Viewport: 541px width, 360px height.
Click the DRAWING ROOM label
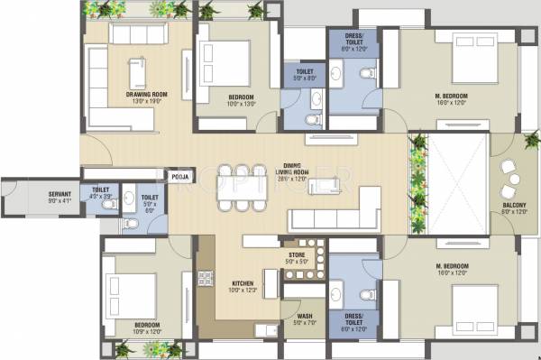click(129, 93)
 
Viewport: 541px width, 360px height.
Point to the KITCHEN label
click(241, 284)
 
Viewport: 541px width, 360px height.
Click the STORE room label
click(297, 255)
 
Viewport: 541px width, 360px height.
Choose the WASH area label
click(305, 317)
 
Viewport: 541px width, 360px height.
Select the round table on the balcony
click(514, 181)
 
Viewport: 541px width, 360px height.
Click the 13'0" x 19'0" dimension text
click(129, 101)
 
